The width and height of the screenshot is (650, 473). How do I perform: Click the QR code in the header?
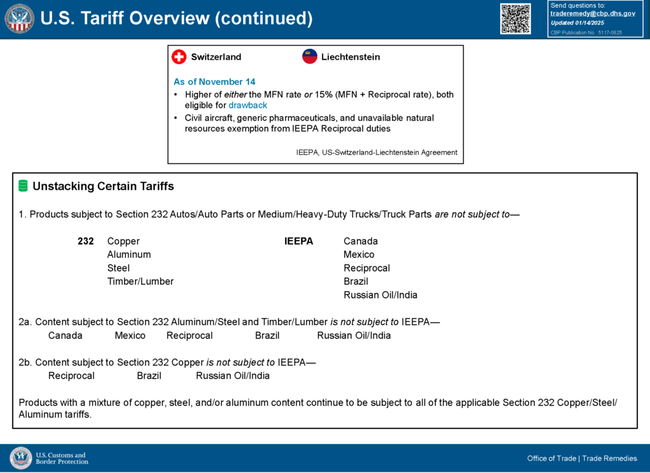coord(515,18)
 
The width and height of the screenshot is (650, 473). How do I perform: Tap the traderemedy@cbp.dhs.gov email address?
coord(592,13)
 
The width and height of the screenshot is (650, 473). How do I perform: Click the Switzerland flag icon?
coord(179,57)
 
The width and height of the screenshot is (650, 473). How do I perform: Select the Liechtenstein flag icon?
coord(310,57)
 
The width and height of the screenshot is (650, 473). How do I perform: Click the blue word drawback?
coord(248,105)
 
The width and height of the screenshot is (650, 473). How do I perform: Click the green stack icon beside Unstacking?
coord(23,186)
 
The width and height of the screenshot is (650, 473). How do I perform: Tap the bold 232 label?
coord(86,241)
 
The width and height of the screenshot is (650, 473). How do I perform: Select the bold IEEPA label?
coord(298,241)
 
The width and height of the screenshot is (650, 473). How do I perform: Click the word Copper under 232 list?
coord(123,241)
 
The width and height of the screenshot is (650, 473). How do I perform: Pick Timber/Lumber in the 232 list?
coord(140,281)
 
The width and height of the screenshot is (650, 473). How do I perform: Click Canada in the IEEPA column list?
coord(361,241)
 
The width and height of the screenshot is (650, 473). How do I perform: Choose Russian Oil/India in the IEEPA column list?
coord(380,295)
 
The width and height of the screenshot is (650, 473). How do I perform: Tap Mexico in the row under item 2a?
coord(130,335)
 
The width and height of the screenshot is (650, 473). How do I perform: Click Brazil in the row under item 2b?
coord(149,376)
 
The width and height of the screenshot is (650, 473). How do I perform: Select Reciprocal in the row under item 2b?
coord(71,376)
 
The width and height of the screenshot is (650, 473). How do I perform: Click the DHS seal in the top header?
coord(19,18)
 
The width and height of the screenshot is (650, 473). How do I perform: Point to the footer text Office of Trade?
coord(551,458)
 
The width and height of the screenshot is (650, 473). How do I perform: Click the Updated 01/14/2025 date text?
coord(577,23)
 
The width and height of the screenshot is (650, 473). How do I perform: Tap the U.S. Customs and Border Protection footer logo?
coord(50,458)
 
